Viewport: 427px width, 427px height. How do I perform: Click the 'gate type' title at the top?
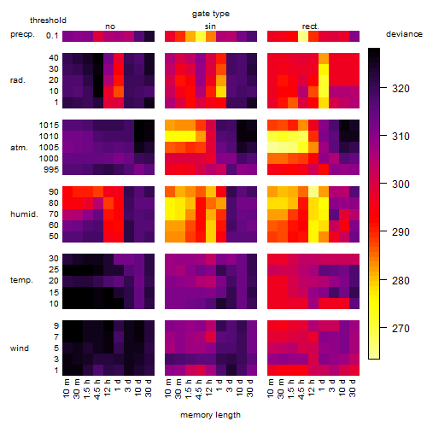coord(211,14)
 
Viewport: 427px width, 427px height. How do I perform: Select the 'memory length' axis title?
coord(210,415)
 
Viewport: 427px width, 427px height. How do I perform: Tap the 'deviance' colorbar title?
coord(404,34)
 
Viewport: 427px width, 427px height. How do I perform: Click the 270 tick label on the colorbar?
coord(401,329)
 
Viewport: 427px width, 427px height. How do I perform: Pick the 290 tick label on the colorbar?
coord(401,232)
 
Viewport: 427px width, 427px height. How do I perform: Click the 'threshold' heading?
coord(48,20)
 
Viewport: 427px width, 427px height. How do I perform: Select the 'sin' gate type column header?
coord(210,26)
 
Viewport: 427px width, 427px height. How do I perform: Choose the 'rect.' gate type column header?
coord(311,26)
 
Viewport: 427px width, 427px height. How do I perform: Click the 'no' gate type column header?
coord(110,26)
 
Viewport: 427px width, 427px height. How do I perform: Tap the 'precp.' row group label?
coord(22,34)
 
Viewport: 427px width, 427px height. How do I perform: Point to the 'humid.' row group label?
coord(24,214)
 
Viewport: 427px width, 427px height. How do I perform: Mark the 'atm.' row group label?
coord(19,148)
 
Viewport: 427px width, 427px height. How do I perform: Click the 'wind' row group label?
coord(20,348)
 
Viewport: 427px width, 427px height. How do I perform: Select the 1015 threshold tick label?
coord(49,126)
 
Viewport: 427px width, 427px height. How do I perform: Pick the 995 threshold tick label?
coord(51,170)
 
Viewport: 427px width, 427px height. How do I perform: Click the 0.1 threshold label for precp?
coord(52,36)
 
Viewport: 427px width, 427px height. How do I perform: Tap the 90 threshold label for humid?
coord(54,192)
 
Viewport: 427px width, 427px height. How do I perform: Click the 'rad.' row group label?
coord(18,80)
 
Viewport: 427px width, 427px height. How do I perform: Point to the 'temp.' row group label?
coord(21,280)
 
